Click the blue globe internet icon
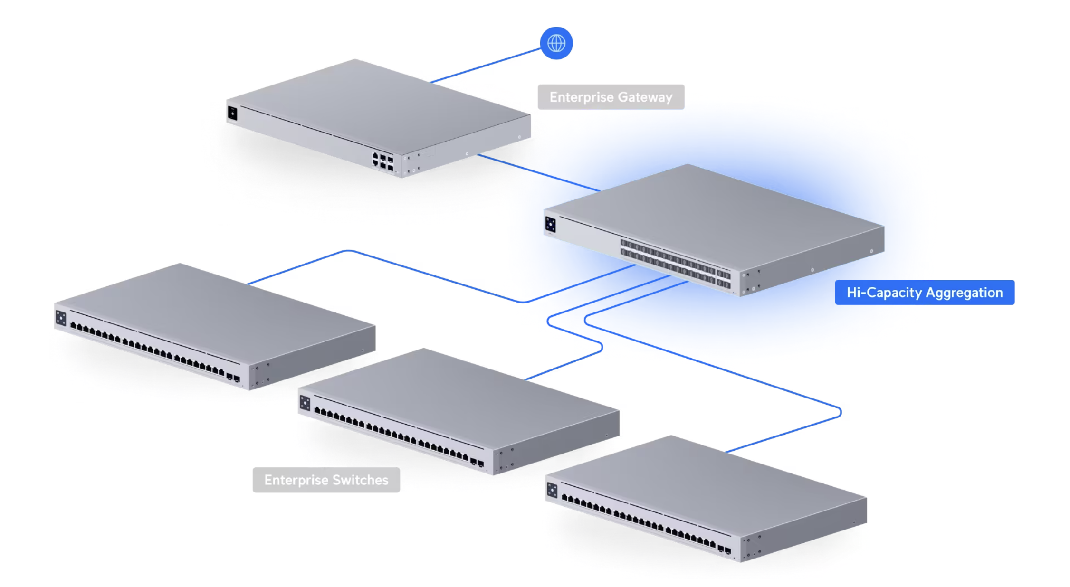(556, 43)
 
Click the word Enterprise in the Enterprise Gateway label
(582, 97)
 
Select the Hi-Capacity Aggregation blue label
(925, 293)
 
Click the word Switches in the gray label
(361, 480)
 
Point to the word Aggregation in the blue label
(965, 293)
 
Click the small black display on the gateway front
(232, 113)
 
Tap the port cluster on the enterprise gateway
(383, 161)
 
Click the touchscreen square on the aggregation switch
(550, 224)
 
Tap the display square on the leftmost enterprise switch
(61, 318)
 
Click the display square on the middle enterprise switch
(305, 403)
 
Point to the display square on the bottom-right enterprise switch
(552, 490)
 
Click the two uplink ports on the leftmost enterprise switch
(233, 378)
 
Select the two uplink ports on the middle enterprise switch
(477, 463)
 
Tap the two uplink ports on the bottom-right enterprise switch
(724, 550)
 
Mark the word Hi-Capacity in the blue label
(884, 293)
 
